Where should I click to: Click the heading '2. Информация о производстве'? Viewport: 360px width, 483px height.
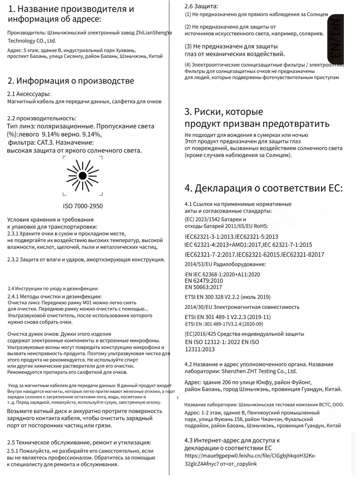71,81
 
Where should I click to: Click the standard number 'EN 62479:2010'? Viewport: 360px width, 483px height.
204,281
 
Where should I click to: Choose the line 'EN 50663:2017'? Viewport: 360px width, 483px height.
204,287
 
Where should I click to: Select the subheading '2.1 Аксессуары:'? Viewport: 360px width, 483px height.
29,94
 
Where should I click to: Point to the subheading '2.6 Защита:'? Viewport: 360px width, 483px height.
195,6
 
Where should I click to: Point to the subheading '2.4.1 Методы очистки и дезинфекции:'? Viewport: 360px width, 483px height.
54,296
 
